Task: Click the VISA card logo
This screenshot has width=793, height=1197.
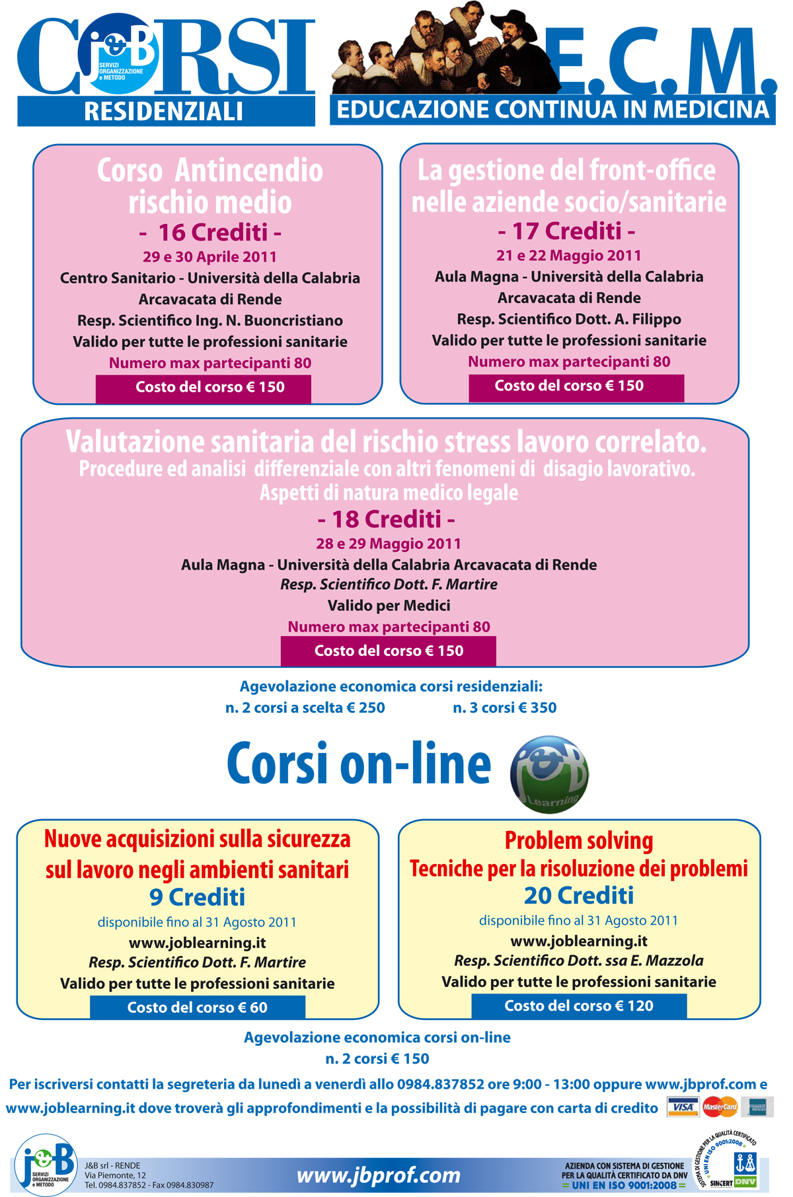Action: (x=683, y=1106)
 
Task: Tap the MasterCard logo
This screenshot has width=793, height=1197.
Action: (x=720, y=1106)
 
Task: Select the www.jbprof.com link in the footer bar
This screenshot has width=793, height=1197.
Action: (x=378, y=1175)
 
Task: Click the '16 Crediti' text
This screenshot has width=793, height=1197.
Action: (x=210, y=233)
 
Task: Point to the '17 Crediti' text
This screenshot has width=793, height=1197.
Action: (x=566, y=231)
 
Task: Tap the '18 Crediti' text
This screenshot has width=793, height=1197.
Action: (x=386, y=519)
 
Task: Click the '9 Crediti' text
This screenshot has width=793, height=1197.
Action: (x=197, y=897)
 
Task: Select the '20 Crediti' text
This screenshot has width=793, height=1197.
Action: (x=579, y=895)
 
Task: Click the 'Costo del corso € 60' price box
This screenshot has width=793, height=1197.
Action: (x=198, y=1007)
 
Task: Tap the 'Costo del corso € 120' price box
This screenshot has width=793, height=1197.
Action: (x=579, y=1005)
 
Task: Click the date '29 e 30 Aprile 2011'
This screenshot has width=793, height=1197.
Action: (x=209, y=256)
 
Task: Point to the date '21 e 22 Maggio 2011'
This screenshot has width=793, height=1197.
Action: (x=569, y=255)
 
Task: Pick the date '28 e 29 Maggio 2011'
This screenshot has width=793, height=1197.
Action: (x=388, y=544)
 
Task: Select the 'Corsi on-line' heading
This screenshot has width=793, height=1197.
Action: (x=359, y=764)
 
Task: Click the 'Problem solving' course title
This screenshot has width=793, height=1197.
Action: (x=579, y=840)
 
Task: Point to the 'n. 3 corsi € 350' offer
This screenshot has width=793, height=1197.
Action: (x=504, y=707)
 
